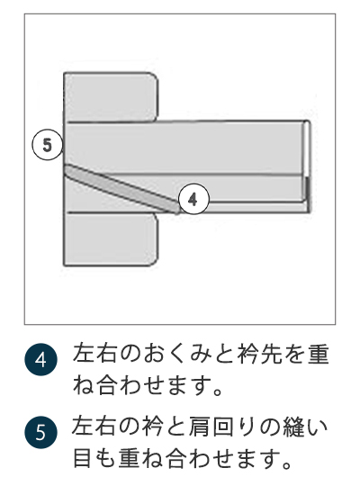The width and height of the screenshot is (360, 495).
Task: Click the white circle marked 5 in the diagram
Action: (x=48, y=143)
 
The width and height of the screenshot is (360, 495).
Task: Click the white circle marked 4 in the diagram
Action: (x=194, y=198)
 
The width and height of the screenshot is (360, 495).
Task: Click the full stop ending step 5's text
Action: (x=291, y=468)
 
